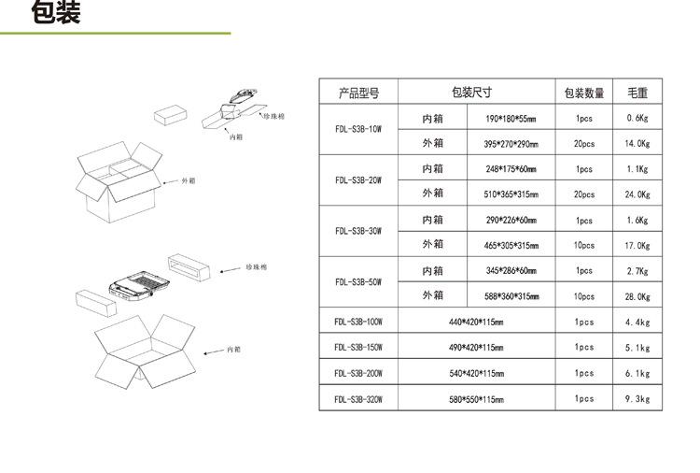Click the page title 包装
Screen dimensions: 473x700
point(56,14)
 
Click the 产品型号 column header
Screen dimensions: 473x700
point(358,93)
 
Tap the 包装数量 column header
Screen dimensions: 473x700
point(584,93)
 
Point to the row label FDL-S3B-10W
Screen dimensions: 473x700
point(358,130)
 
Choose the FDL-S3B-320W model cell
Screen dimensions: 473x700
point(358,399)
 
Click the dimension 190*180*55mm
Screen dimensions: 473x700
point(511,119)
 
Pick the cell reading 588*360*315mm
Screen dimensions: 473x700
point(511,296)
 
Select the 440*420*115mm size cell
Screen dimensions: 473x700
point(476,322)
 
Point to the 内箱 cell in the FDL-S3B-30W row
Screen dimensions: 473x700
point(432,220)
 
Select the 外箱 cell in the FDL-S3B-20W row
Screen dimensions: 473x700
point(432,193)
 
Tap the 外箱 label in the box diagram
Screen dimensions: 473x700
point(188,179)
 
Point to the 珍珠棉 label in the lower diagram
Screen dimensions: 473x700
point(257,267)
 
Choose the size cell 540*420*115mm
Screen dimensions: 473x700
point(476,374)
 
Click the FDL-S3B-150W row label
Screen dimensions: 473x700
point(358,348)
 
